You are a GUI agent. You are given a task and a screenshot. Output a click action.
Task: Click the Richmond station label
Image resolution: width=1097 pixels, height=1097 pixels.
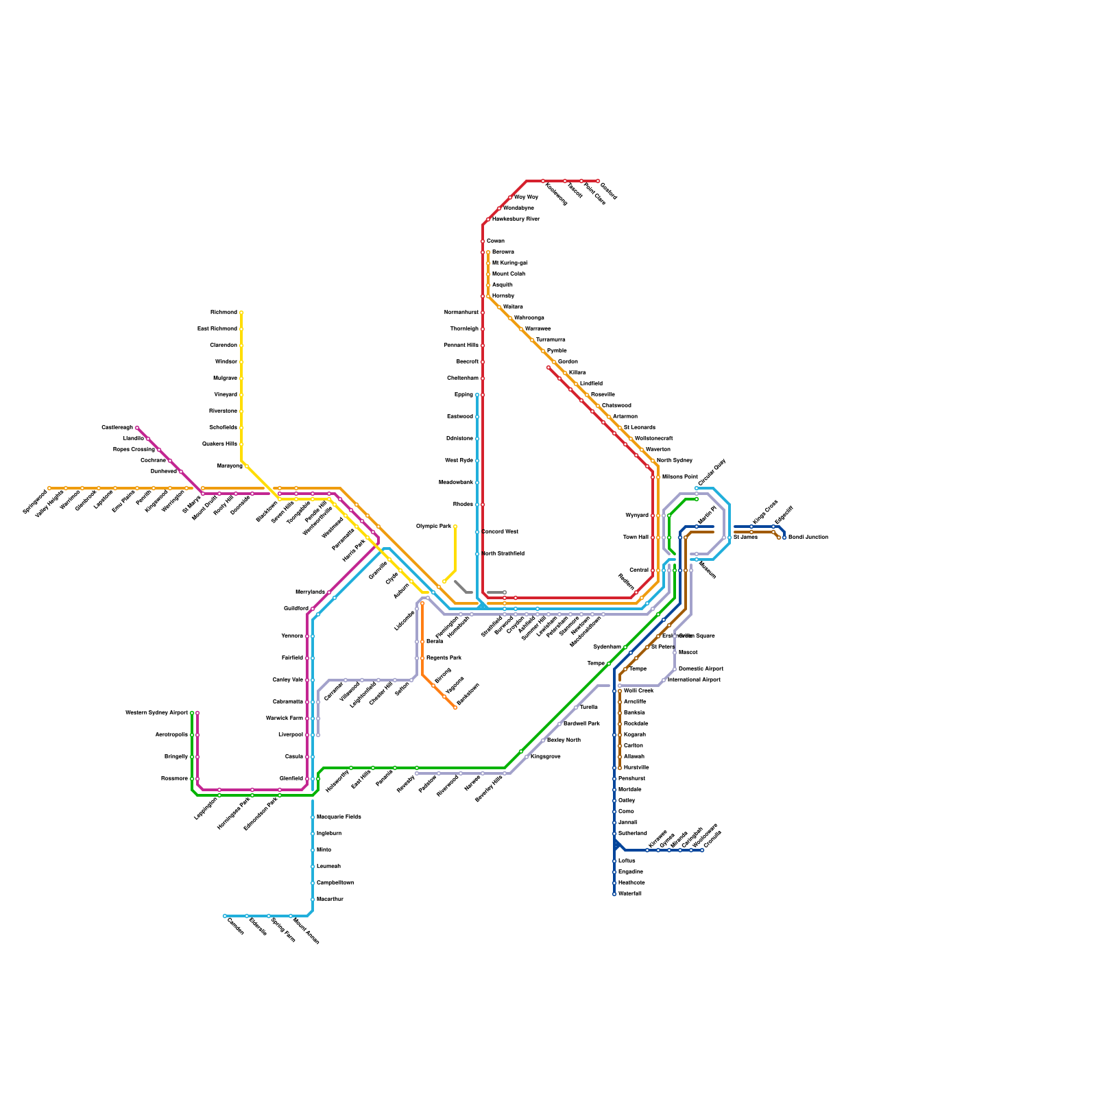224,313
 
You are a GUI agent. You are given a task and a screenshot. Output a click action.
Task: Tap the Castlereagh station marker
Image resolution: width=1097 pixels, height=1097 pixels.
137,428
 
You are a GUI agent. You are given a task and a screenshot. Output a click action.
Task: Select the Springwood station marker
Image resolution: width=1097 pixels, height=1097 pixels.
49,488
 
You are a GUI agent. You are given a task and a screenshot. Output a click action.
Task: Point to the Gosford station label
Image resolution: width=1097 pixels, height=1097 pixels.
609,191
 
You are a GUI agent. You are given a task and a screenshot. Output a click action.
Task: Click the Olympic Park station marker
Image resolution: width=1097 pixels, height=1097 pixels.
455,527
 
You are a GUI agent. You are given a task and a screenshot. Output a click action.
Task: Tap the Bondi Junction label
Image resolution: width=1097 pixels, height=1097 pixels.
808,538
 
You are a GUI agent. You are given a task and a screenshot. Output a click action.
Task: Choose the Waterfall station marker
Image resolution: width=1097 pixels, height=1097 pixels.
614,894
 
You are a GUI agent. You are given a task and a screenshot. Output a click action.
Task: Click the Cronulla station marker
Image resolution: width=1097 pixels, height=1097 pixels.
702,850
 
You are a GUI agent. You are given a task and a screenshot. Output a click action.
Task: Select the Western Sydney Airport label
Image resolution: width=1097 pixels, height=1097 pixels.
157,713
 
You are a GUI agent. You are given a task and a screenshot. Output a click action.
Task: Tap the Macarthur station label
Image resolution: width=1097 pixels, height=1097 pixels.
330,900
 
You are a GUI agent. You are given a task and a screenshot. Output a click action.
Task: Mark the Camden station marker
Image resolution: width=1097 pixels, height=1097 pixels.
225,916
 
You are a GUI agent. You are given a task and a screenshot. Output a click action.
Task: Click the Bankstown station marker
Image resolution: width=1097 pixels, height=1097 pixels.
455,708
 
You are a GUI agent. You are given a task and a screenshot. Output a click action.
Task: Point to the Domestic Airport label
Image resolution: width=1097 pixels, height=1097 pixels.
701,669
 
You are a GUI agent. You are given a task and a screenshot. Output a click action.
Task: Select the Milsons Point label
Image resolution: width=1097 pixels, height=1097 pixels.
680,477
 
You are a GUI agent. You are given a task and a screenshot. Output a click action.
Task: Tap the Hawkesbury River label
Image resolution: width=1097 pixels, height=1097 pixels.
516,219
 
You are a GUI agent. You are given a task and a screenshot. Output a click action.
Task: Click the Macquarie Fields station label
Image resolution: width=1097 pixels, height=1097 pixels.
339,817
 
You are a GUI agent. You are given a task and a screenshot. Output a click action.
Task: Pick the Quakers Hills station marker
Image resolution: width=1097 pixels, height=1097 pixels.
241,444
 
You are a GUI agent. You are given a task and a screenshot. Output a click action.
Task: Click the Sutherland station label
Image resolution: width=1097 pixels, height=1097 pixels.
632,834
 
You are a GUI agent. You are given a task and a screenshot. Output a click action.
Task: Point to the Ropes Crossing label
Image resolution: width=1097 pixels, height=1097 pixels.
134,450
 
